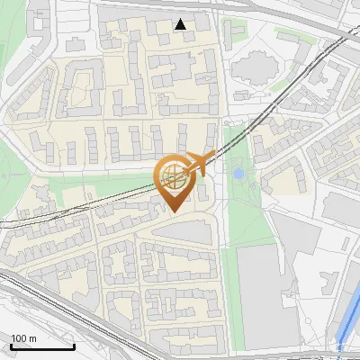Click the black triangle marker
pos(181,24)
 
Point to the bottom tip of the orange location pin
pos(173,211)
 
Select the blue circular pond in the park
pos(238,173)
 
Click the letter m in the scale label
pos(32,338)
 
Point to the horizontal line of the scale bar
pos(42,347)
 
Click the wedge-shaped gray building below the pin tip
pos(189,231)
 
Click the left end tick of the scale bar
pos(11,346)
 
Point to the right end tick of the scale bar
pos(74,346)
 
